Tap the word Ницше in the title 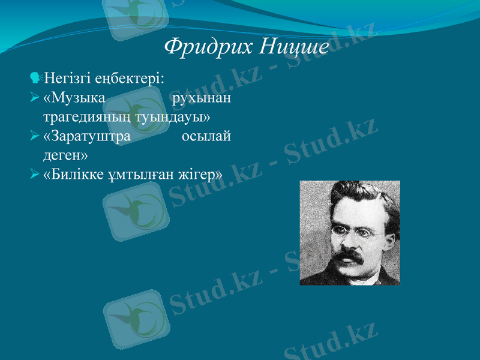pos(295,46)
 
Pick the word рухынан pos(202,97)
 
